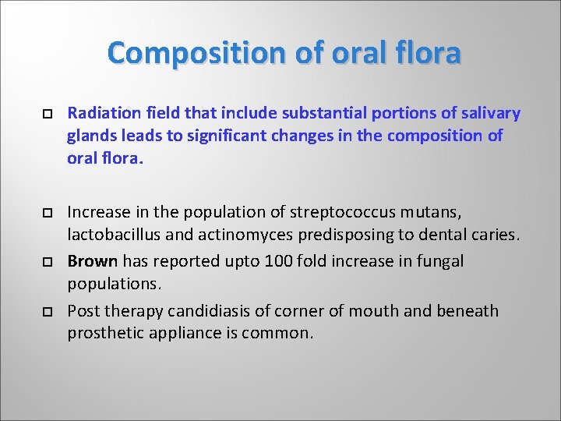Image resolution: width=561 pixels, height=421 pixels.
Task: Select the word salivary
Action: [x=489, y=114]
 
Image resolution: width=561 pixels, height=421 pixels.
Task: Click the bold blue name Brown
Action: [x=93, y=261]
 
